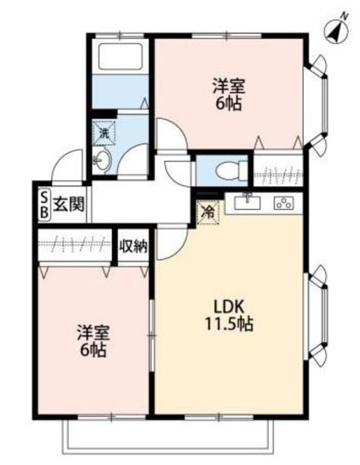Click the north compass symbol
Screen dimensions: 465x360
tap(334, 31)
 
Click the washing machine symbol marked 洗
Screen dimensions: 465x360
tap(104, 133)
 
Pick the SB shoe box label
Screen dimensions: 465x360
tap(43, 203)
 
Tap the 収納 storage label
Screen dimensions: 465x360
tap(134, 246)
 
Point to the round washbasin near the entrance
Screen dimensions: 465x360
tap(100, 160)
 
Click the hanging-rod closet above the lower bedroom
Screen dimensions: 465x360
tap(76, 246)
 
